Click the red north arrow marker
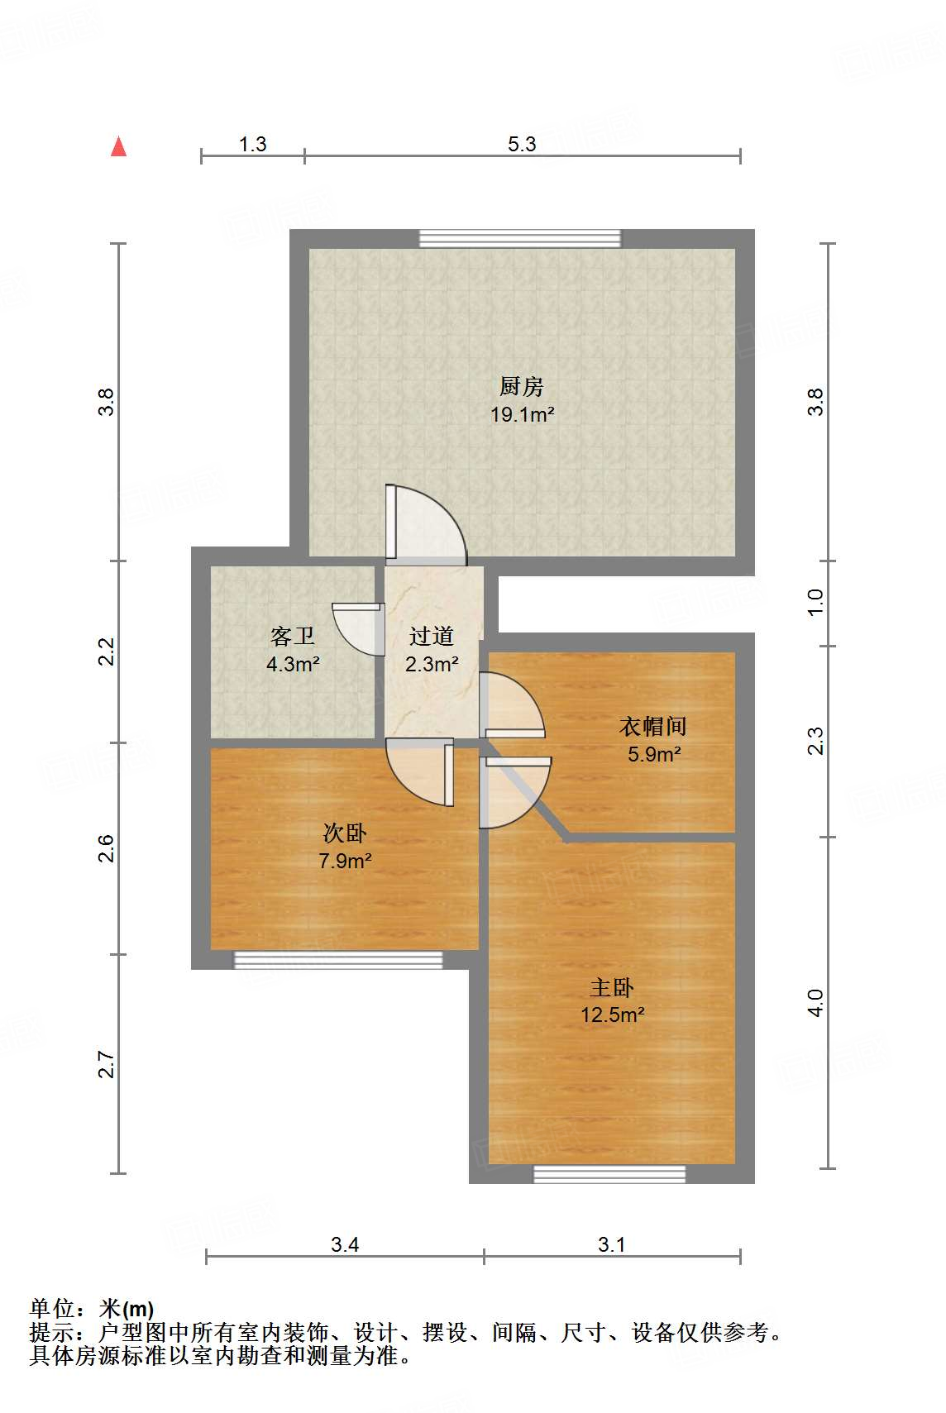pyautogui.click(x=119, y=146)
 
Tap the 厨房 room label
pyautogui.click(x=521, y=386)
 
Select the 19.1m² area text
pyautogui.click(x=522, y=414)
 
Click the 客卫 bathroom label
pyautogui.click(x=293, y=636)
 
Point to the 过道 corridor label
pyautogui.click(x=431, y=636)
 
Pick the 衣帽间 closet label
pyautogui.click(x=652, y=727)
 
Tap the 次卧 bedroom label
pyautogui.click(x=344, y=833)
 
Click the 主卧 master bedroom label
pyautogui.click(x=612, y=987)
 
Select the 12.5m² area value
pyautogui.click(x=612, y=1014)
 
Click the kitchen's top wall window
pyautogui.click(x=519, y=238)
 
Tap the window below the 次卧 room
pyautogui.click(x=338, y=960)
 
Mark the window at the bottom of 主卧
pyautogui.click(x=609, y=1174)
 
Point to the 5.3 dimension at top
pyautogui.click(x=522, y=144)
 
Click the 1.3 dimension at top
pyautogui.click(x=252, y=144)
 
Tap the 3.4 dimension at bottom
pyautogui.click(x=344, y=1244)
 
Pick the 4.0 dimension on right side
pyautogui.click(x=815, y=1003)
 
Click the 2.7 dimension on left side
pyautogui.click(x=106, y=1064)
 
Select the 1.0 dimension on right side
pyautogui.click(x=815, y=602)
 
